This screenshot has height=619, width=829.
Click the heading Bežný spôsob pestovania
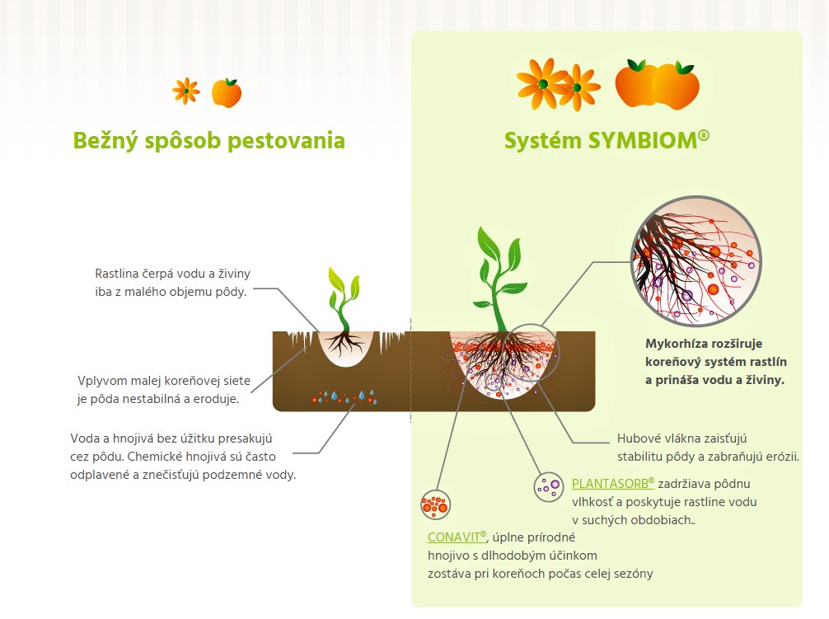208,141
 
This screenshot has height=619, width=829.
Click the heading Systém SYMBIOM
607,141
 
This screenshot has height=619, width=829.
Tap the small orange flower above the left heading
186,91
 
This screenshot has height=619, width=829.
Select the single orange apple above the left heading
227,92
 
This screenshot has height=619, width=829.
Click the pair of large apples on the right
657,84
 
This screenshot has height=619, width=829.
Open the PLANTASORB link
613,484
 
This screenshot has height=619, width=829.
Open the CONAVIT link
457,537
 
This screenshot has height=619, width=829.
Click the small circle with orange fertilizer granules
436,504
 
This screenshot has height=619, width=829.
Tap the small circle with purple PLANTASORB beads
548,487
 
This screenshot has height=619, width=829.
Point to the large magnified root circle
696,261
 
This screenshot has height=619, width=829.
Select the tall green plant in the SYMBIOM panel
499,279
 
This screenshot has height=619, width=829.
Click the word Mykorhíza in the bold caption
672,344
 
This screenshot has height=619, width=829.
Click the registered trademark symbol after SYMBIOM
704,135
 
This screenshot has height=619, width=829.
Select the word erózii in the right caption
781,456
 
